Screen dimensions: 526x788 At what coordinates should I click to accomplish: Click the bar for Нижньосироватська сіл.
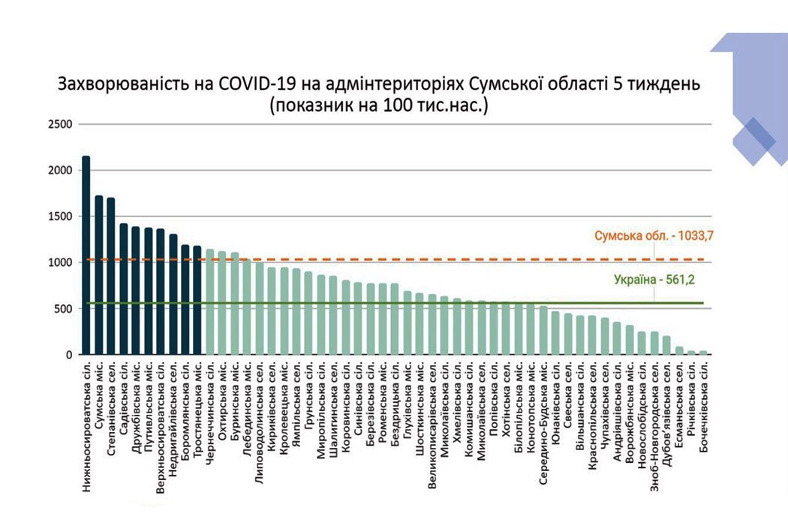86,255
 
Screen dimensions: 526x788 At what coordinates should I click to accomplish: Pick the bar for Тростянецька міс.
197,301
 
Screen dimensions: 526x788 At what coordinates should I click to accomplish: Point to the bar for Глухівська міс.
408,323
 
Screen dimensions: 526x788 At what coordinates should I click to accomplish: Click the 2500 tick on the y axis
62,124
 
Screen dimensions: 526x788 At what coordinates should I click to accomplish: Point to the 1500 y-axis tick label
62,216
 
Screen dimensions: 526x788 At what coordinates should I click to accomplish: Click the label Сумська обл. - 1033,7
653,236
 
